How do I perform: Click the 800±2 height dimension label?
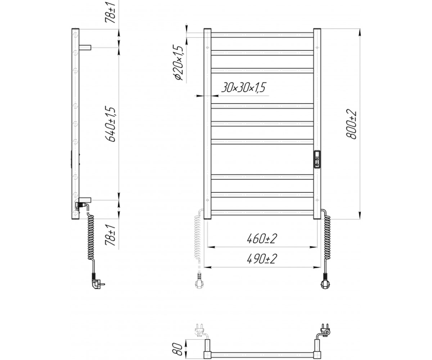click(x=351, y=125)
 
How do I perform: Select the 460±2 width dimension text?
click(x=262, y=239)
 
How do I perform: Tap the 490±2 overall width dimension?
click(x=262, y=259)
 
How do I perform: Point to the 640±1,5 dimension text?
click(x=110, y=124)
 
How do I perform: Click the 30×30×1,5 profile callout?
click(x=243, y=87)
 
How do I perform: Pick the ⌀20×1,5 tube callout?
click(x=179, y=63)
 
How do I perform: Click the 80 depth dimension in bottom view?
click(x=177, y=349)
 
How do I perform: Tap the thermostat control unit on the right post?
click(x=317, y=159)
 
